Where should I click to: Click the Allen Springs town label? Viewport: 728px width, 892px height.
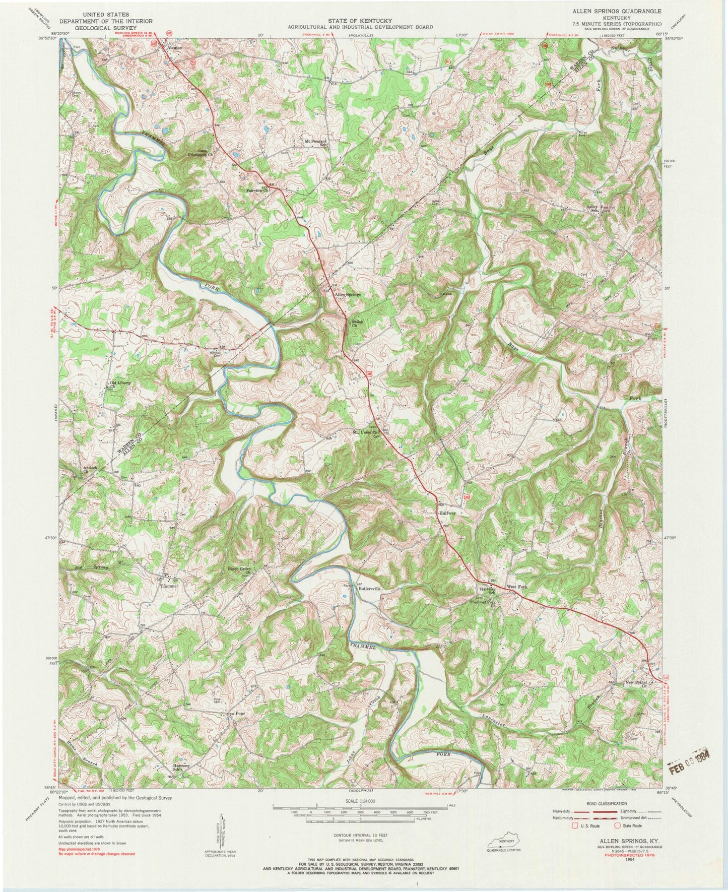point(348,295)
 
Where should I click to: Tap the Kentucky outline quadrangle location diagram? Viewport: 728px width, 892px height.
point(502,842)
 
